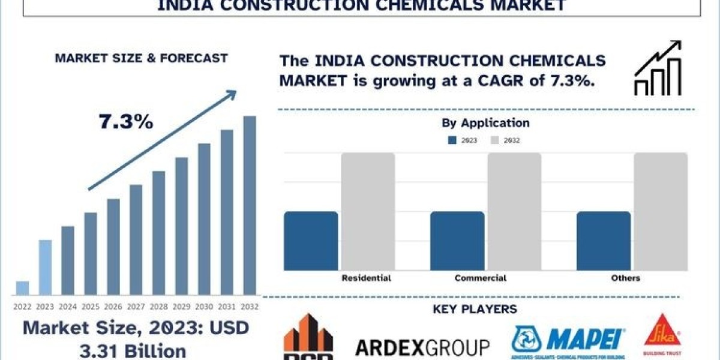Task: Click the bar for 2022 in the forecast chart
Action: pos(22,288)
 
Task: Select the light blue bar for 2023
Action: pos(45,268)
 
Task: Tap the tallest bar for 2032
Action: pos(250,205)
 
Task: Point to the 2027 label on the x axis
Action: pos(136,306)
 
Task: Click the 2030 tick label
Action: pos(204,306)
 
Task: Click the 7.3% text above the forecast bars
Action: pos(126,122)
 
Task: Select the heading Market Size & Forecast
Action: pos(141,58)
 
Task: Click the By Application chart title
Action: pos(486,123)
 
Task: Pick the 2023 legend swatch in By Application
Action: pos(452,140)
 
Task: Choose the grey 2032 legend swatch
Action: pos(495,140)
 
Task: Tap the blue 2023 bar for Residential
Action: pos(311,240)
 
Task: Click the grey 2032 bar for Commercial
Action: pos(514,211)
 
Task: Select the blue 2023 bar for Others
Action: pos(604,240)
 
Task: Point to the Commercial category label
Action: pos(480,278)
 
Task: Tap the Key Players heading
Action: pos(475,310)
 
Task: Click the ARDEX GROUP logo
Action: pos(422,347)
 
